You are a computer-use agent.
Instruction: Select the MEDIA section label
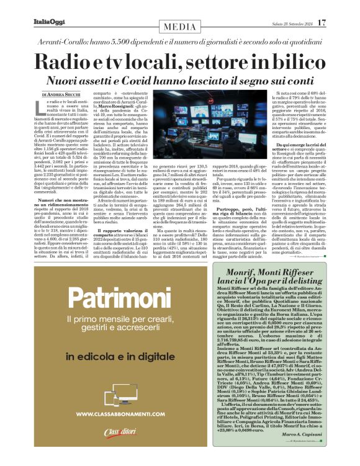(180, 27)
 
